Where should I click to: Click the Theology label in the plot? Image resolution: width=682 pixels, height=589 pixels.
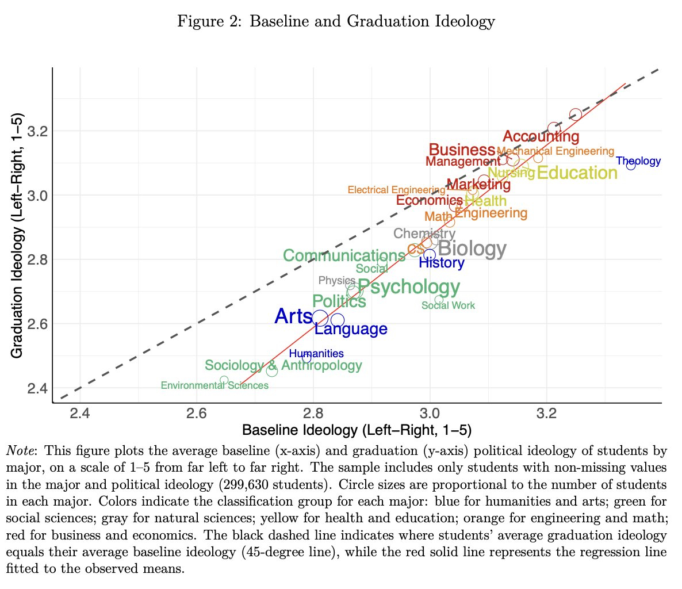(x=638, y=161)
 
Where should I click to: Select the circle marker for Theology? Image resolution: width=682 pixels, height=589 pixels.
(x=631, y=166)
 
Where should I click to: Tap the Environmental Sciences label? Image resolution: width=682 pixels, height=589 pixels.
(x=214, y=385)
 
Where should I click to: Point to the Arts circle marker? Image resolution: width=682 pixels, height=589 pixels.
(x=320, y=318)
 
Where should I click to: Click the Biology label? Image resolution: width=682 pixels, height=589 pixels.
(x=472, y=249)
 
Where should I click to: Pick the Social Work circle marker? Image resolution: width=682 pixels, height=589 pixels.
(x=439, y=299)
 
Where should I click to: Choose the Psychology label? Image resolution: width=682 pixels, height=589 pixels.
(x=409, y=286)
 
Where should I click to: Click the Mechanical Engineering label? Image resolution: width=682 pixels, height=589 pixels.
(x=555, y=151)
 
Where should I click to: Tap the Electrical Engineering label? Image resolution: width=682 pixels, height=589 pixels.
(x=396, y=190)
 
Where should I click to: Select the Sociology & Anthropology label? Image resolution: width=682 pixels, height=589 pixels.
(x=283, y=365)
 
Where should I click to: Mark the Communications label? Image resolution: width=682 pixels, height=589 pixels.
(x=344, y=255)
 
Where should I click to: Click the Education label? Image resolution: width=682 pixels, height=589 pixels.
(x=577, y=173)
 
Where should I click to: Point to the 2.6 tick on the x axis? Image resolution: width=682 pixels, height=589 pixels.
(x=197, y=414)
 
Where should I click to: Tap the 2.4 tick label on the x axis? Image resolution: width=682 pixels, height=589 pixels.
(x=80, y=414)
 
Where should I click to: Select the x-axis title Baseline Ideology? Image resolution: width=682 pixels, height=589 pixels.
(x=357, y=430)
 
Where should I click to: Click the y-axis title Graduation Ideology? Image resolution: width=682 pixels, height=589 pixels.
(x=17, y=236)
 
